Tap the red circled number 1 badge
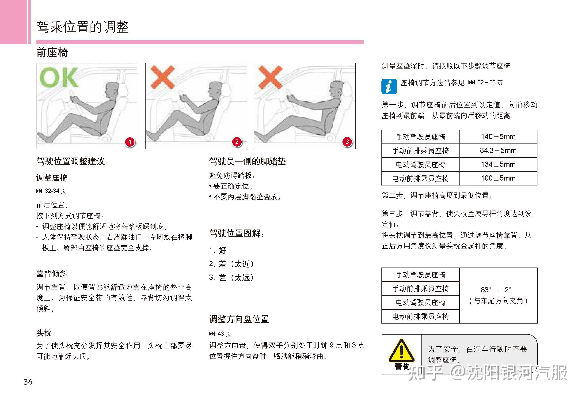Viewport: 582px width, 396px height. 130,142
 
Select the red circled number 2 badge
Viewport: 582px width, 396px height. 237,142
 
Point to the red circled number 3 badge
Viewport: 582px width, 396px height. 347,142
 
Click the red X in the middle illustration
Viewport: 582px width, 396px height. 163,77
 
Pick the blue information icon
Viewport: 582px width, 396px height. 389,87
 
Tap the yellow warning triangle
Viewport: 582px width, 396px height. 401,351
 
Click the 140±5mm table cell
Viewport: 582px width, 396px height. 498,137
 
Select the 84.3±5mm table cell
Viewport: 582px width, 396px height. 498,151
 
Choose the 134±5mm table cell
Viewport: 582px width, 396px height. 498,164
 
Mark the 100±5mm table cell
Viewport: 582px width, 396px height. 498,178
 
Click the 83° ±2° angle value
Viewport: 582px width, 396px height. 496,290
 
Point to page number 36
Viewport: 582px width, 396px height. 28,382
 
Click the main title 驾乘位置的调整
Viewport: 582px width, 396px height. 83,27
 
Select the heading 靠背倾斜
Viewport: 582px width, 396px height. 52,274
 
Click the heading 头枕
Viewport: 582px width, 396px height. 44,333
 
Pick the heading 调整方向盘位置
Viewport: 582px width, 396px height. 239,319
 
